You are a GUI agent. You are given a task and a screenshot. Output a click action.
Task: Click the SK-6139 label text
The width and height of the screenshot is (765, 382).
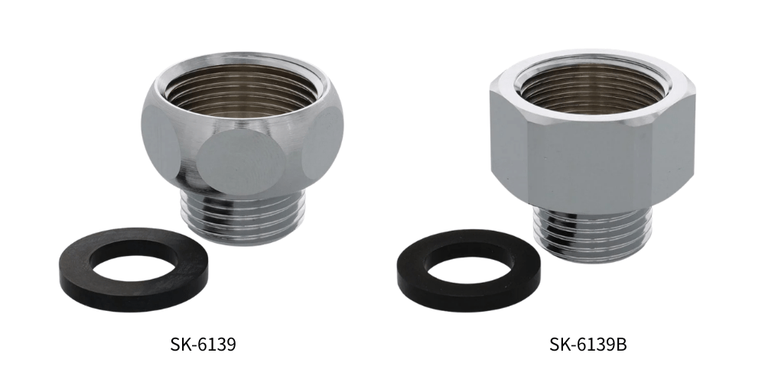pos(203,345)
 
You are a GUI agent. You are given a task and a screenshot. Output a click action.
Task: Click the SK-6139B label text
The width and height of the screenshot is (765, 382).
pos(588,345)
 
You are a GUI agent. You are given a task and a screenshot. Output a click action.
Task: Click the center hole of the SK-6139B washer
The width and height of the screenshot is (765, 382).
pos(470,270)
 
